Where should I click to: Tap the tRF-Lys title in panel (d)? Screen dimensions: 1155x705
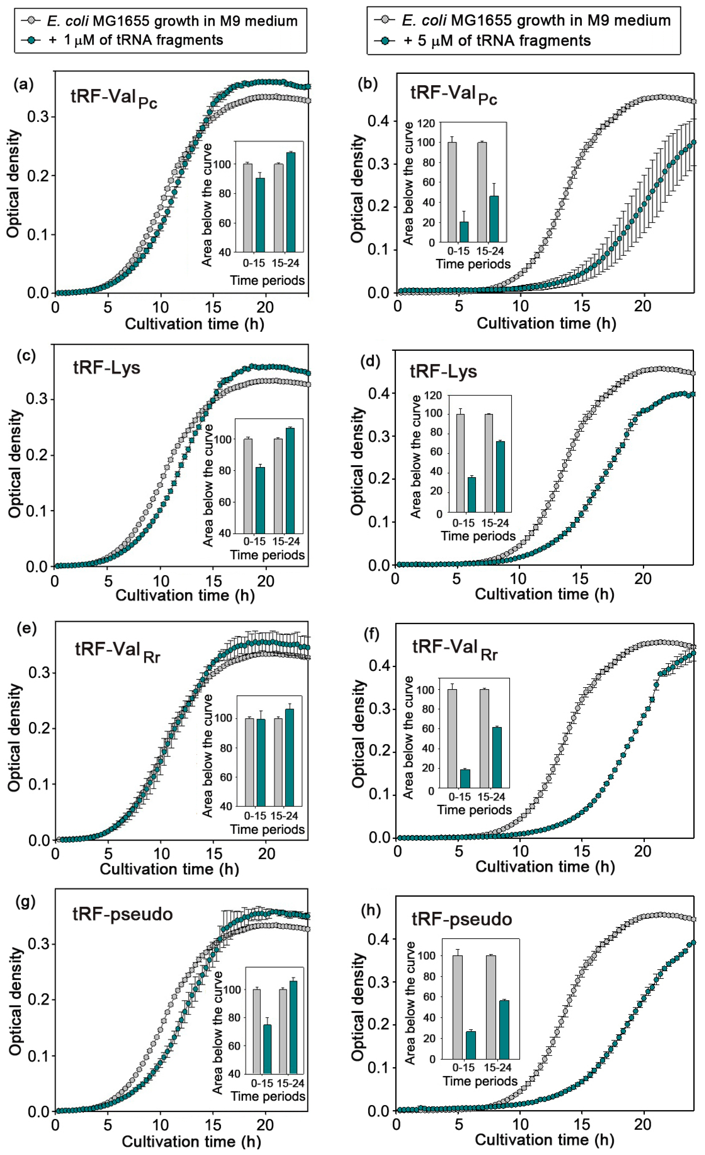[x=443, y=371]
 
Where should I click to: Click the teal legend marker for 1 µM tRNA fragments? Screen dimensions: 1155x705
[x=32, y=40]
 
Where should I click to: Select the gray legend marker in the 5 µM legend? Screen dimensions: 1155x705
[x=385, y=20]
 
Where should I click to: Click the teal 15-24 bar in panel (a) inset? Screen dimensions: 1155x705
[x=291, y=202]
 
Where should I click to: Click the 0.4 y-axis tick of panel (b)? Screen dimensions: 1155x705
[x=379, y=121]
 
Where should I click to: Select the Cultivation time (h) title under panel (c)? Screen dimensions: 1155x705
[x=185, y=595]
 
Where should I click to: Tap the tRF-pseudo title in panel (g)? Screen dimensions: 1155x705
[x=123, y=914]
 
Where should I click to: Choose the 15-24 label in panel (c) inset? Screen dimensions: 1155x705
[x=286, y=542]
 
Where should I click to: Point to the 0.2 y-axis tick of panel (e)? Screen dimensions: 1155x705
[x=39, y=729]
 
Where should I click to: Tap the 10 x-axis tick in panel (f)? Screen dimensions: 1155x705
[x=520, y=850]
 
